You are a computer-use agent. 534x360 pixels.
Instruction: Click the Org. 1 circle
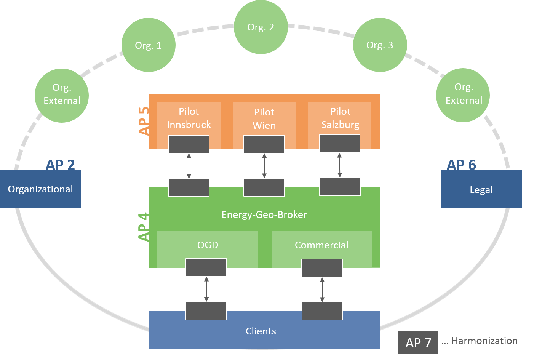pyautogui.click(x=149, y=45)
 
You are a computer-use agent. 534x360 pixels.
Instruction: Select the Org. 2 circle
pyautogui.click(x=261, y=27)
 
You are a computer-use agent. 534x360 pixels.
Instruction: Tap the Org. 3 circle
pyautogui.click(x=380, y=45)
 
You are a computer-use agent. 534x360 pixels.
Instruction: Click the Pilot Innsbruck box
pyautogui.click(x=189, y=118)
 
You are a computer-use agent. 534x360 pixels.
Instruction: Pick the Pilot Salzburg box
pyautogui.click(x=339, y=118)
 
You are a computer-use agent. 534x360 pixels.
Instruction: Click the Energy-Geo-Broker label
pyautogui.click(x=264, y=214)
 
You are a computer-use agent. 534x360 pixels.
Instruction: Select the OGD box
pyautogui.click(x=208, y=249)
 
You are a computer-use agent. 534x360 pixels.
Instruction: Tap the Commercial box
pyautogui.click(x=322, y=249)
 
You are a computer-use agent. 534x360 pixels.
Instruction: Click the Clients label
pyautogui.click(x=261, y=331)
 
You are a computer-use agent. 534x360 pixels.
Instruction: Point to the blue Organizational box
pyautogui.click(x=40, y=189)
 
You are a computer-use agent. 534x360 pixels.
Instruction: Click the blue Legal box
pyautogui.click(x=481, y=189)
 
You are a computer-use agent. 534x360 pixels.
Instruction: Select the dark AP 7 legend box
pyautogui.click(x=418, y=342)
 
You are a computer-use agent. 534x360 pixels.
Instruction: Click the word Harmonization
pyautogui.click(x=484, y=341)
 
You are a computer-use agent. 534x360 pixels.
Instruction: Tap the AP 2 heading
pyautogui.click(x=60, y=165)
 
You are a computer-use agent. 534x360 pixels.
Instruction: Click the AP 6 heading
pyautogui.click(x=461, y=165)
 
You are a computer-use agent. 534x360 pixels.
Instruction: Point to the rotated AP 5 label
pyautogui.click(x=144, y=121)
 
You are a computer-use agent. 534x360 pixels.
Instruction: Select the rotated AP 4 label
pyautogui.click(x=144, y=227)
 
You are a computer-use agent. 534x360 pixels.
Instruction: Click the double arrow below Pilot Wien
pyautogui.click(x=264, y=166)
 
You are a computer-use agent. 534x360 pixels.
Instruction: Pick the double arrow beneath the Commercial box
pyautogui.click(x=322, y=290)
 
